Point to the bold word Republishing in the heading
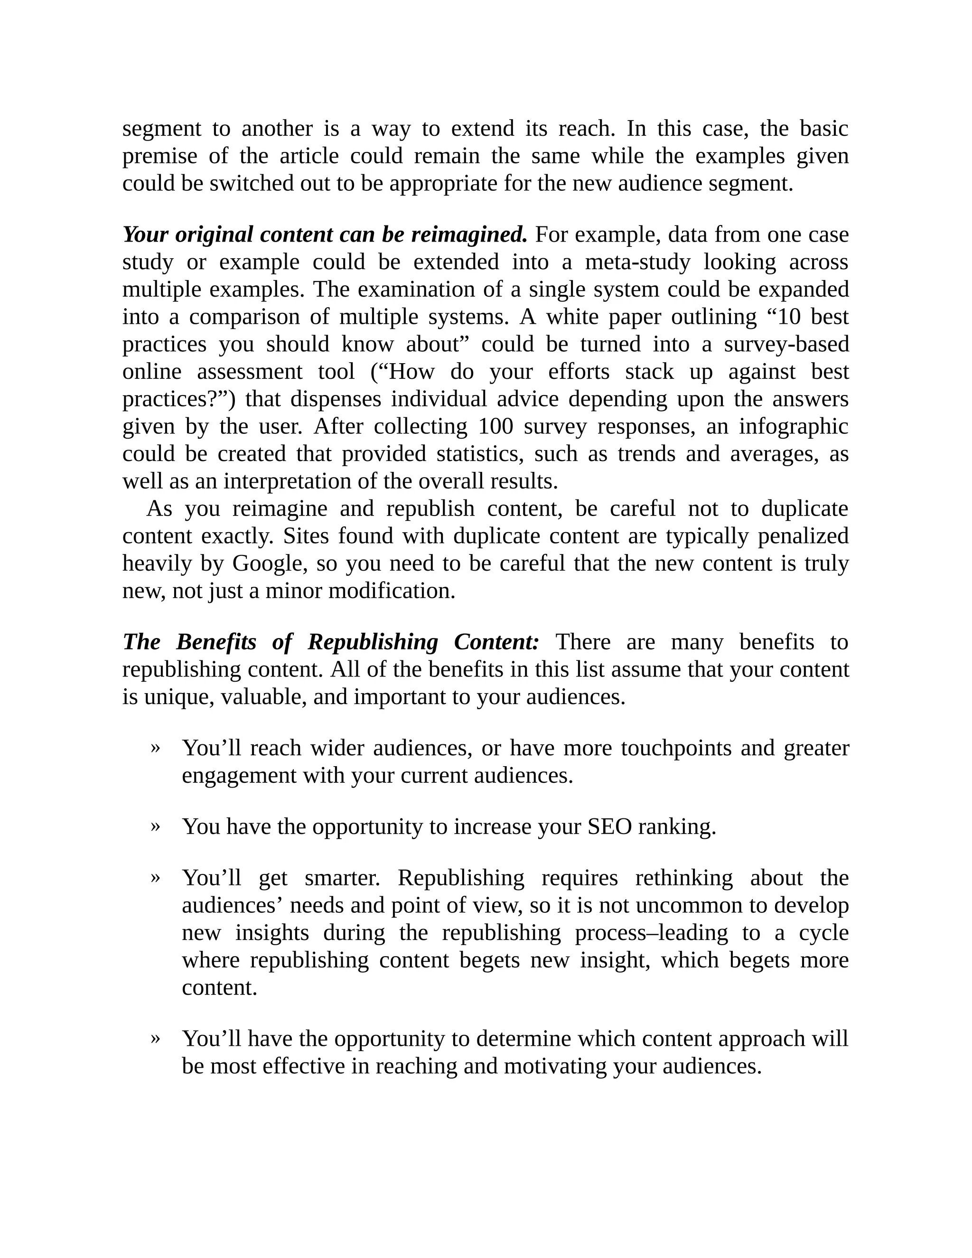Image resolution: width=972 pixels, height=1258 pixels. [x=373, y=642]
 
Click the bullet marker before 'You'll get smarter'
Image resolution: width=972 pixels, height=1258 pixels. [x=155, y=878]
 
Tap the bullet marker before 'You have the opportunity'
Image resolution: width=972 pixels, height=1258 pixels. [x=155, y=826]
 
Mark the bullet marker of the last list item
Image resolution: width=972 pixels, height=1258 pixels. [x=155, y=1039]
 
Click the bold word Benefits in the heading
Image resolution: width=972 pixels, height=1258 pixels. [x=216, y=642]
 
